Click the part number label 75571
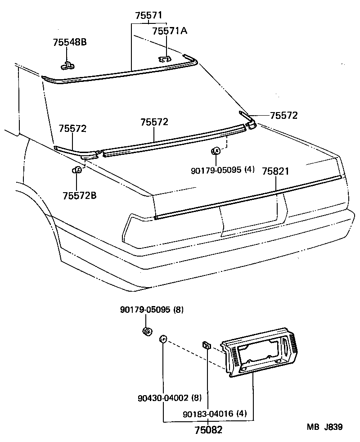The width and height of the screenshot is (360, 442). click(x=149, y=16)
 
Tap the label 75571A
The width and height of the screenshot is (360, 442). click(x=169, y=31)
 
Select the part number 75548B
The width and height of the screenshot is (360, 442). click(x=69, y=42)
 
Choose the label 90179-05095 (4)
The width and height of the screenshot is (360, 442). click(x=222, y=170)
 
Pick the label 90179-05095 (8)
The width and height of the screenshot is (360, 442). click(x=152, y=310)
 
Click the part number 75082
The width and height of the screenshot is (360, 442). click(x=208, y=430)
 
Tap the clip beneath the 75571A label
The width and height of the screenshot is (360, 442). click(x=165, y=59)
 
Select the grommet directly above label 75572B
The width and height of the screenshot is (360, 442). click(x=77, y=170)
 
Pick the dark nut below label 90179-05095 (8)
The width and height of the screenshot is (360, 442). click(x=146, y=332)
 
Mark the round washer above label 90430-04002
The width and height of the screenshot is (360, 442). click(x=163, y=339)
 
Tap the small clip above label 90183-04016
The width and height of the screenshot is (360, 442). click(x=207, y=345)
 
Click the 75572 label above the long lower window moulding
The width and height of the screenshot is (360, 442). click(x=154, y=122)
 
